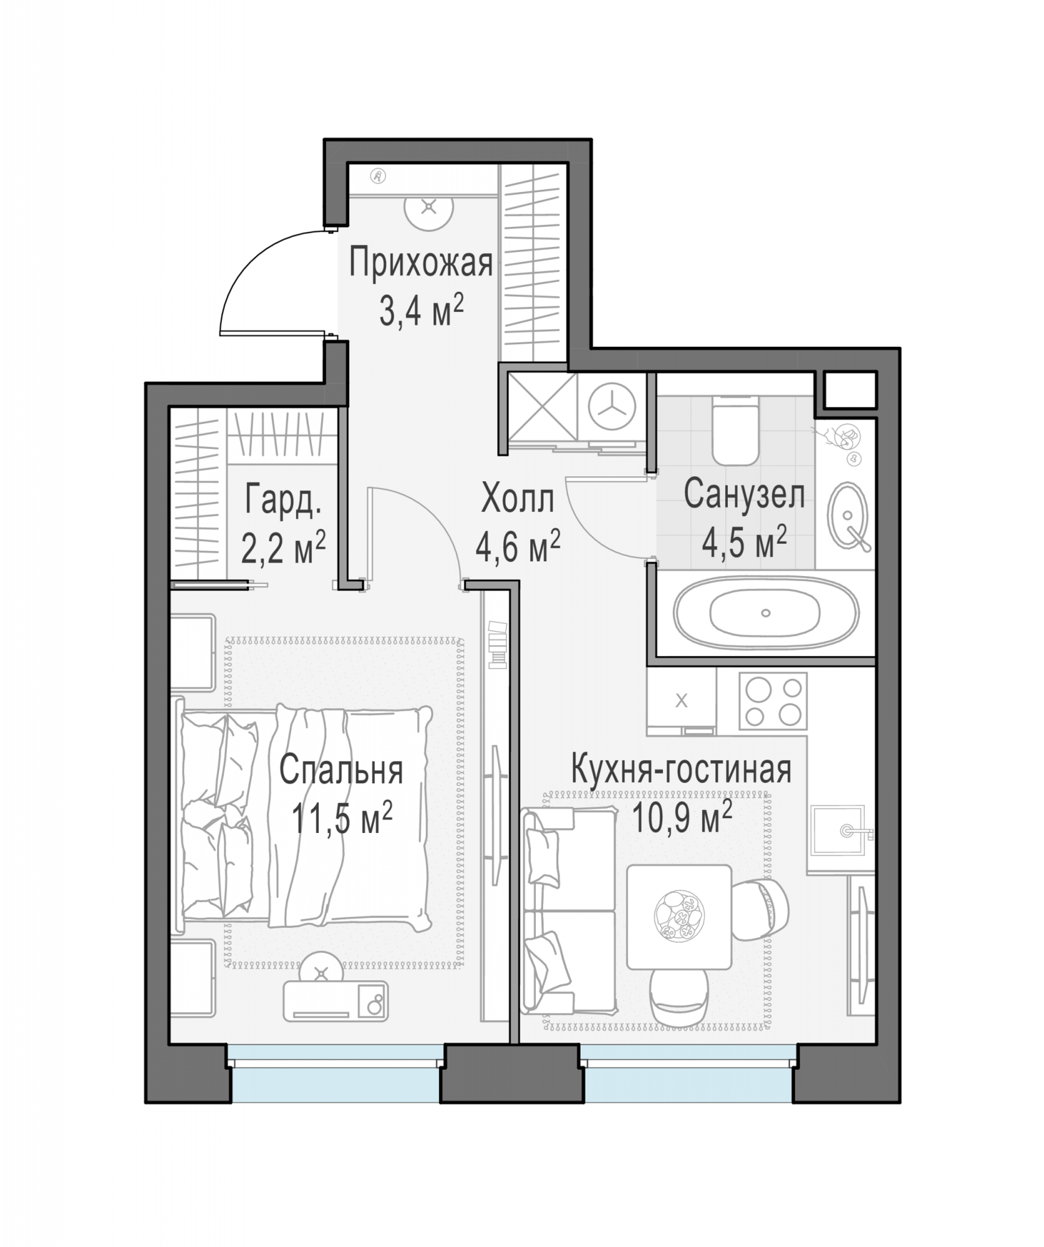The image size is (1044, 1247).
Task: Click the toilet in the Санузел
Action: [x=736, y=431]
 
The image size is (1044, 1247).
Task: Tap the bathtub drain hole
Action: [x=766, y=613]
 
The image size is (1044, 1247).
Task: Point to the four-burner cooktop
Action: [x=773, y=701]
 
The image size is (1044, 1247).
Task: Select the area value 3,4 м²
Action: [x=422, y=311]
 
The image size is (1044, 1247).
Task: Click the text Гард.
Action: [x=284, y=499]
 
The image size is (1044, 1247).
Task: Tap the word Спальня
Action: [x=341, y=771]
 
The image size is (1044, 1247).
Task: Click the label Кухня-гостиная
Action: [x=682, y=770]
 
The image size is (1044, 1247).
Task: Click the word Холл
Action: [x=518, y=499]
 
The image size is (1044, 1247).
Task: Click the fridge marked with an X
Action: [x=682, y=701]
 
